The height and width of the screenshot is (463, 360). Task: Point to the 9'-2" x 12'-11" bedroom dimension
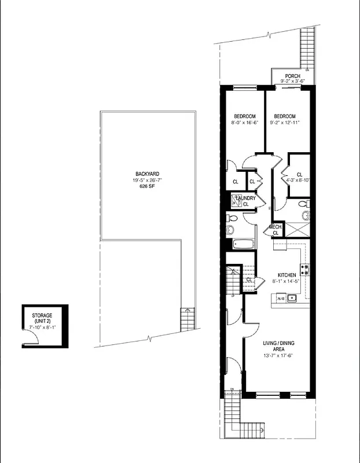[284, 123]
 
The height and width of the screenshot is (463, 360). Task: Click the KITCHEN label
[287, 274]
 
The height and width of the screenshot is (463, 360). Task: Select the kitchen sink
[292, 299]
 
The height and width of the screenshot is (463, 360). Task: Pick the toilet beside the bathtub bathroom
[232, 218]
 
